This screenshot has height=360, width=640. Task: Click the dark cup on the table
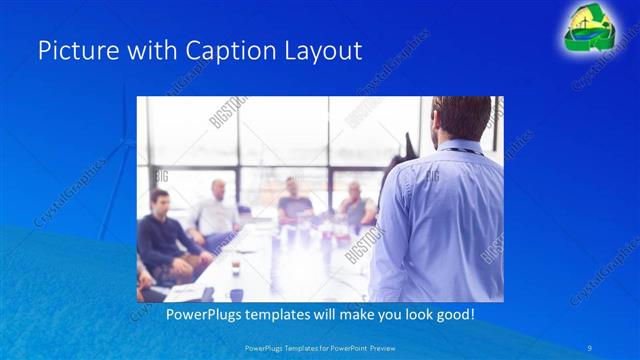click(236, 268)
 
